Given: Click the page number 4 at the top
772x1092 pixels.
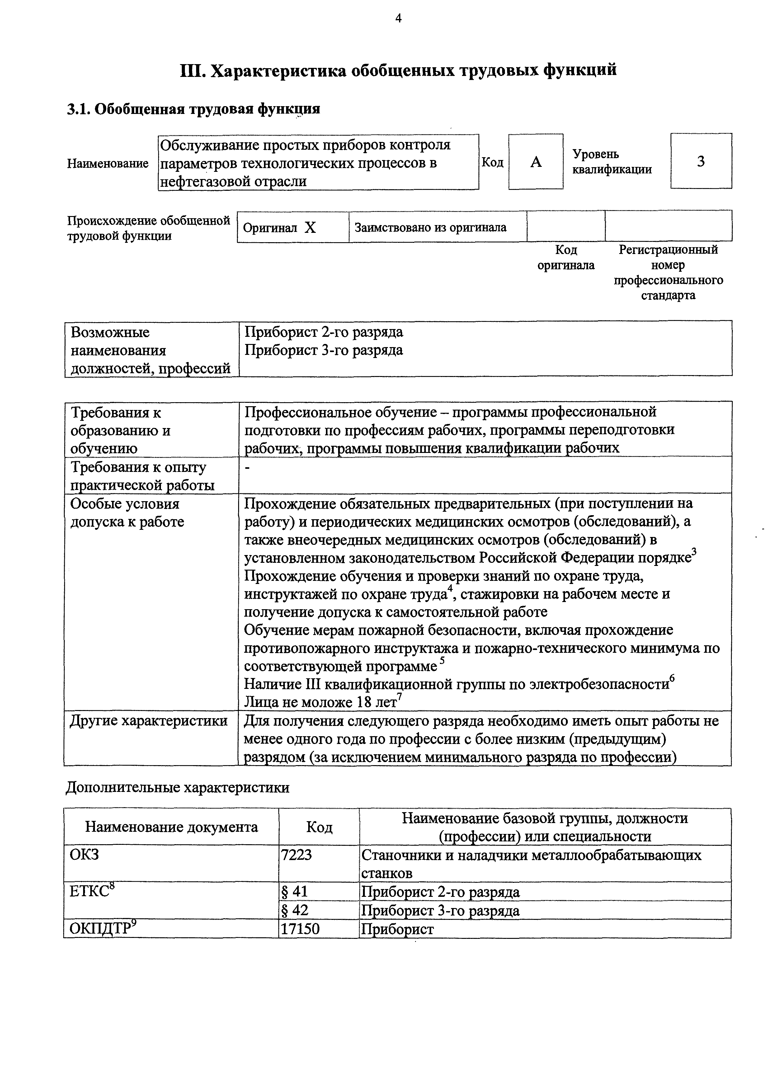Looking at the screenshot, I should click(398, 19).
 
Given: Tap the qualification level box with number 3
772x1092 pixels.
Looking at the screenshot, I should click(701, 161).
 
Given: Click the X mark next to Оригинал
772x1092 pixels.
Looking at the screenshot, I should click(310, 228).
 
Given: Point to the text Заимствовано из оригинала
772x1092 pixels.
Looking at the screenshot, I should click(431, 227).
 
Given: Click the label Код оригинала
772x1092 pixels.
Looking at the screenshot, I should click(566, 257).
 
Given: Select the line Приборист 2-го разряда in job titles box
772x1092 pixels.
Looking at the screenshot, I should click(323, 332).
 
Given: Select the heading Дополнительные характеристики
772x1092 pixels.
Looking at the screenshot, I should click(177, 788).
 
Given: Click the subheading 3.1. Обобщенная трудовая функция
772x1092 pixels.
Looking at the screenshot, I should click(193, 109).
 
